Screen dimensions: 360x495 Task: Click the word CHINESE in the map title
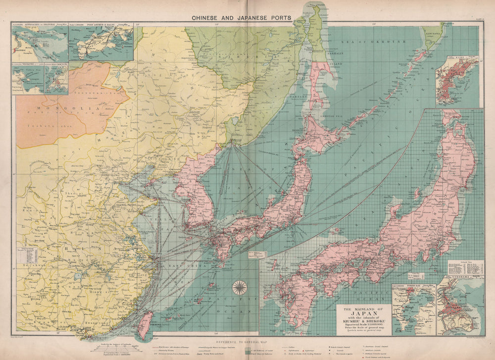(207, 17)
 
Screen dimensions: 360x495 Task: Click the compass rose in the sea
(240, 287)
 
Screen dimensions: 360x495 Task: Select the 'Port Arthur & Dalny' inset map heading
(100, 29)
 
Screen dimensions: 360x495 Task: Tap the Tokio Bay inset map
(413, 309)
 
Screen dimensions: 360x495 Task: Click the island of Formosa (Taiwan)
(144, 324)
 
